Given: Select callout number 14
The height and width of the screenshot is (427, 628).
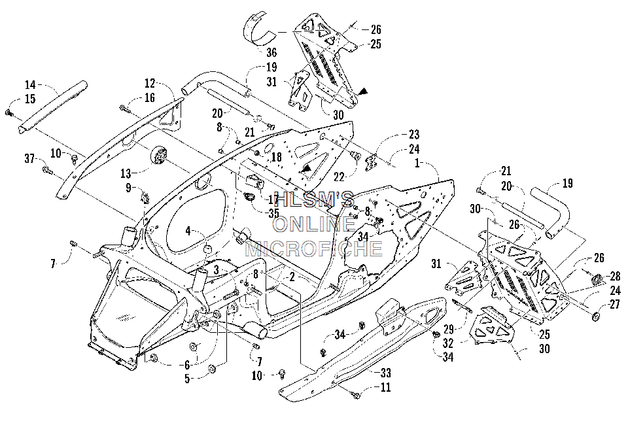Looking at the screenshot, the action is point(31,85).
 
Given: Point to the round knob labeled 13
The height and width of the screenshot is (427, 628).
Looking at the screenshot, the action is point(159,154).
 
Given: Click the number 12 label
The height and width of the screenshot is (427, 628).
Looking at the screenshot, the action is point(149,83).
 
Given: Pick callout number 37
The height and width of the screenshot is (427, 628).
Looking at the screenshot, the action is point(29,158).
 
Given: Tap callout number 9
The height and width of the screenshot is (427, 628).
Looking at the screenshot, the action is point(129,187).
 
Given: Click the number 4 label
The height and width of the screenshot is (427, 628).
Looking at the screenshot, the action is point(188,231).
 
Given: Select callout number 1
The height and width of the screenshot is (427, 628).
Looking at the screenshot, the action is point(417,163).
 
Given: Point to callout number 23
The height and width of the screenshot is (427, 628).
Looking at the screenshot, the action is point(413,135).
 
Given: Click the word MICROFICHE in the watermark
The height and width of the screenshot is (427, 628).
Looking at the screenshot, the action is point(313,248).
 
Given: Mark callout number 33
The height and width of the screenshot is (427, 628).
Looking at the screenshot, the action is point(385,373).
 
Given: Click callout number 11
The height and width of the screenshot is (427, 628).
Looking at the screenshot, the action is point(385,387).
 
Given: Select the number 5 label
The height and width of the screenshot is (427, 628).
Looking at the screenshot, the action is point(188,378).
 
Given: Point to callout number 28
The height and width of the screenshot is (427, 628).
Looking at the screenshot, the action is point(615,276).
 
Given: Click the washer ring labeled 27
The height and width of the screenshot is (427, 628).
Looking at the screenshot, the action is point(595,316).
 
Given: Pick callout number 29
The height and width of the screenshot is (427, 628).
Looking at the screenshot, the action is point(449,330).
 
